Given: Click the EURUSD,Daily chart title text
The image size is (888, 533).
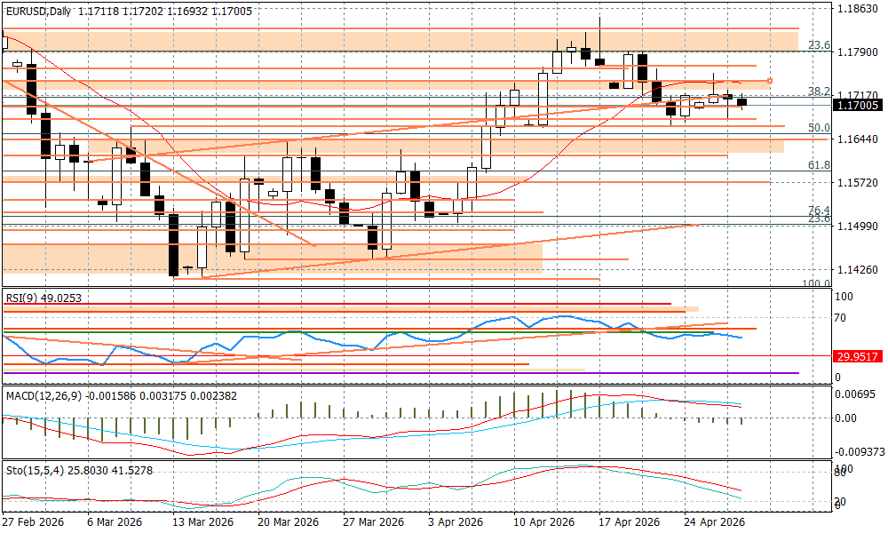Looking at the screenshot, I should tap(39, 11).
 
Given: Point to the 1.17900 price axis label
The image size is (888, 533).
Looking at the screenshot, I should tap(858, 52).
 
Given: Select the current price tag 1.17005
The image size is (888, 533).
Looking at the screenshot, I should tap(858, 105).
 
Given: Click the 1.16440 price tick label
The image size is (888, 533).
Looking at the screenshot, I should tap(858, 139).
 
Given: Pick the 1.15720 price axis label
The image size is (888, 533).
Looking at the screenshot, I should tap(858, 182).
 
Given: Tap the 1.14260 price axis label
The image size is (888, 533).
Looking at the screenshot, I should tap(858, 268).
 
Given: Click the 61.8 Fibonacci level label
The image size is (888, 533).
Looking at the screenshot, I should tap(819, 165).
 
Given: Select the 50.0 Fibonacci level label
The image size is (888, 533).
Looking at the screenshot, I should tap(819, 128).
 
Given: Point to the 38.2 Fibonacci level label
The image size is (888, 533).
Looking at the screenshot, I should tap(819, 91).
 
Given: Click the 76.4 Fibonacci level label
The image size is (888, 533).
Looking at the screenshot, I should tap(819, 211).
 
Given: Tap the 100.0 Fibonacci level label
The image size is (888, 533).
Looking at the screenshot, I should tap(816, 283).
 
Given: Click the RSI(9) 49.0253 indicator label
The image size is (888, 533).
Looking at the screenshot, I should tap(44, 298).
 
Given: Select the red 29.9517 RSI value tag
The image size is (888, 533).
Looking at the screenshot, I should tap(856, 356).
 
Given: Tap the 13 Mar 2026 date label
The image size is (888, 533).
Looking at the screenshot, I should tap(202, 521).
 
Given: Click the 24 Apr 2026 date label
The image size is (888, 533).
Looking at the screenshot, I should tap(714, 521).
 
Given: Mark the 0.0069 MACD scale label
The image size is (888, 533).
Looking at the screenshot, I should tap(856, 393).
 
